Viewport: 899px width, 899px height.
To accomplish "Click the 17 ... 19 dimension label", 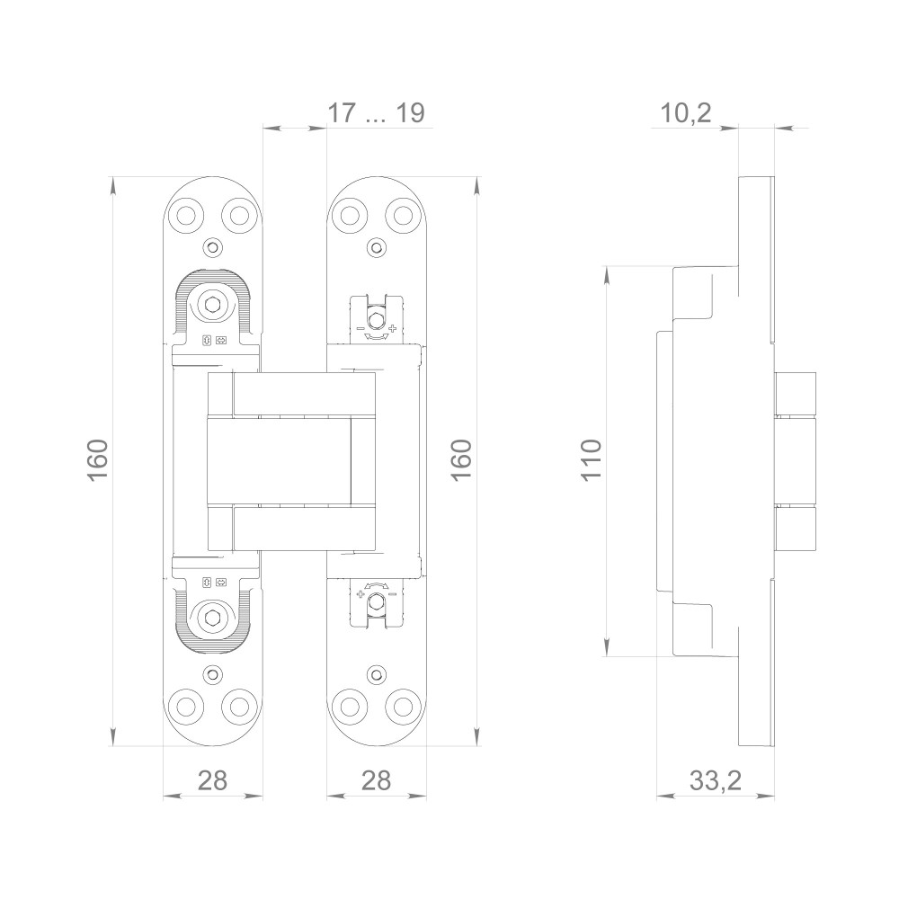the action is (x=376, y=113).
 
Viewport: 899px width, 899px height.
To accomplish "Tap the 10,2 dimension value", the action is (x=686, y=113).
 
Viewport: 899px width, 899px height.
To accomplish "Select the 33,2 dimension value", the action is (x=715, y=780).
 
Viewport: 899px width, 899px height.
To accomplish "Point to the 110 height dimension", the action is (x=592, y=460).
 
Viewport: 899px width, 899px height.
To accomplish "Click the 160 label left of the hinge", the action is (x=98, y=460).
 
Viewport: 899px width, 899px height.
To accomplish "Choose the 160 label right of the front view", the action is (x=461, y=460).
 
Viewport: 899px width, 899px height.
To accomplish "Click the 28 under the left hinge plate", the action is (x=213, y=780).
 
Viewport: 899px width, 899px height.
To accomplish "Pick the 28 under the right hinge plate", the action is (x=376, y=780).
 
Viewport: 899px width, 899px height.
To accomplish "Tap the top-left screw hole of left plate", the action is (x=187, y=215).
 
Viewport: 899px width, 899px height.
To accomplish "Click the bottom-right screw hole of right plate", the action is (x=403, y=706).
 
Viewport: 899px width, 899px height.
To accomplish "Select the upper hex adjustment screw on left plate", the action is (x=213, y=304).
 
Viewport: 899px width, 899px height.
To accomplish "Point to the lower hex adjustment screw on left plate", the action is (x=213, y=618).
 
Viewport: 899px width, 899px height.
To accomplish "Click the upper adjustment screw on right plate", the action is (x=376, y=319).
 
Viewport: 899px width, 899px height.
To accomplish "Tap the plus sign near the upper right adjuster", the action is (x=392, y=328).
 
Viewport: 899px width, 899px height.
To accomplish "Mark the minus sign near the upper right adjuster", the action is (x=360, y=328).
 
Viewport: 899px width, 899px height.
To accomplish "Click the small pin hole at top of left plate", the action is (x=213, y=248).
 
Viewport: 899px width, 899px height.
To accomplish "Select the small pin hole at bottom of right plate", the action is (x=376, y=674).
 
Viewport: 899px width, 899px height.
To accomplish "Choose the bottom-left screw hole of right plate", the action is (x=351, y=706).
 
